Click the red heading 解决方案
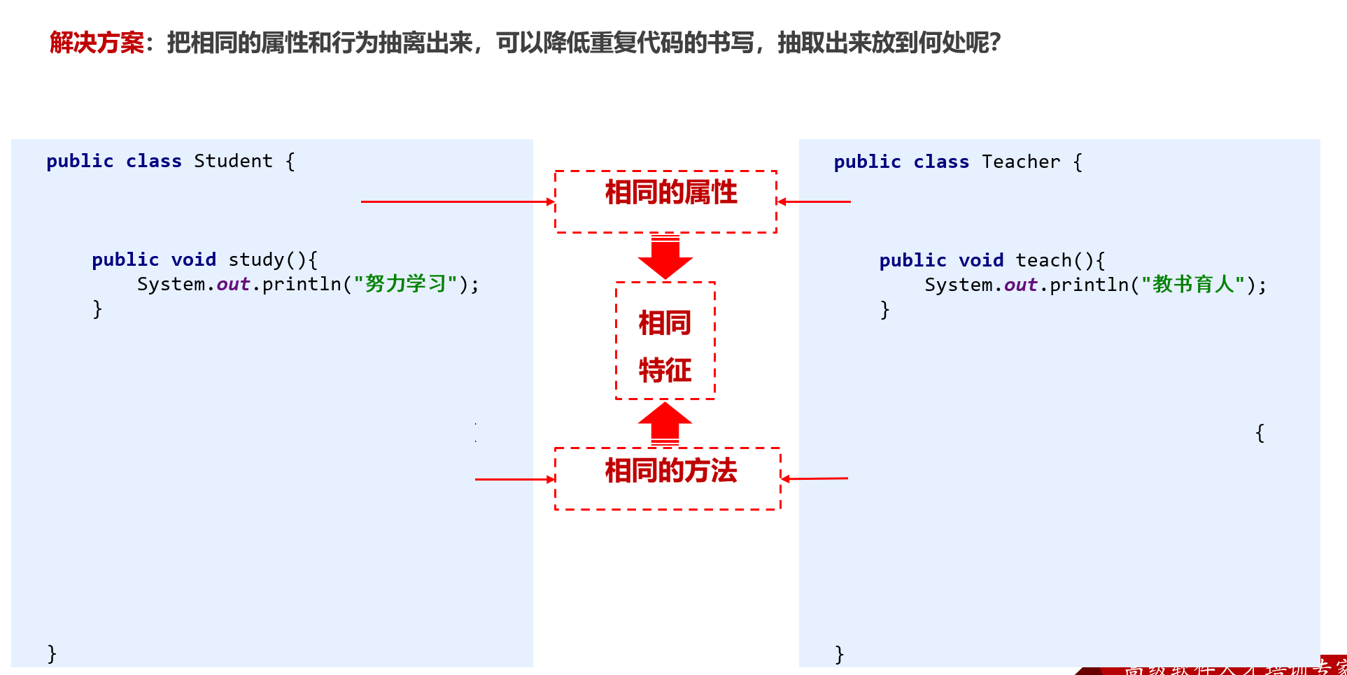(97, 43)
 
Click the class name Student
(233, 161)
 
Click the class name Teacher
(1021, 162)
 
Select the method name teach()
(1053, 260)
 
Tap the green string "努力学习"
(405, 284)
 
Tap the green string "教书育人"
(1193, 285)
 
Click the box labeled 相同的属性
(665, 201)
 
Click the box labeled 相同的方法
(667, 478)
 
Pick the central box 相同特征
(665, 341)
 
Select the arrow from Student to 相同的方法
(514, 479)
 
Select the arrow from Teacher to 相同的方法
(814, 478)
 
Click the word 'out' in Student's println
(233, 284)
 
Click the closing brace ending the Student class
(52, 653)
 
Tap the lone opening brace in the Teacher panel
(1260, 433)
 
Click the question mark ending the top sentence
(995, 43)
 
